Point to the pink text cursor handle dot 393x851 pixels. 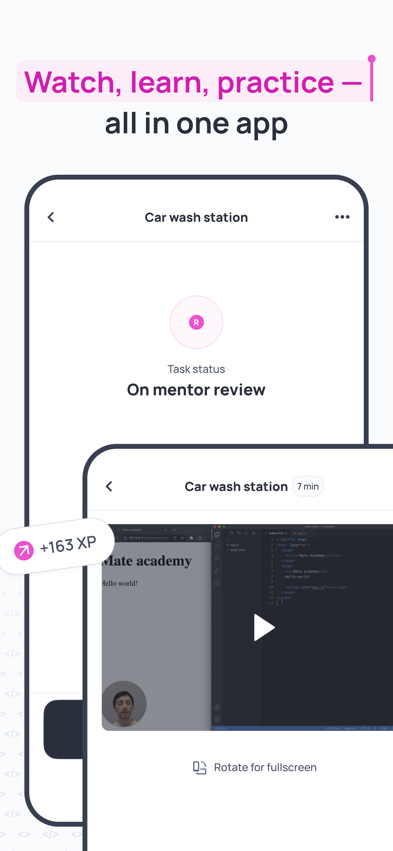(x=371, y=59)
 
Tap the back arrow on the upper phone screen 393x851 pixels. (x=51, y=217)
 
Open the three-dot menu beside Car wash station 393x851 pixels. (x=342, y=217)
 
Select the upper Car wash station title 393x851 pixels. (x=196, y=217)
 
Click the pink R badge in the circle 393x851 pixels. (x=196, y=322)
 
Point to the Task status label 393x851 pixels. (x=196, y=369)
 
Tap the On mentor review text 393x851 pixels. (x=196, y=390)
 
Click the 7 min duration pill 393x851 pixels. (x=308, y=486)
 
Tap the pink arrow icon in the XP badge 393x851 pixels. (x=24, y=550)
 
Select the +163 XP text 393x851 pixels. (x=68, y=544)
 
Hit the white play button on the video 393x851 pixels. (x=264, y=627)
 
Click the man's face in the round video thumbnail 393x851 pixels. (x=124, y=703)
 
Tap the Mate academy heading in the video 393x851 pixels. (x=147, y=561)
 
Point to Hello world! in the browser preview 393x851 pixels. (x=120, y=583)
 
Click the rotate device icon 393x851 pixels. (x=200, y=767)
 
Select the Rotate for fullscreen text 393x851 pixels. (x=265, y=767)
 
